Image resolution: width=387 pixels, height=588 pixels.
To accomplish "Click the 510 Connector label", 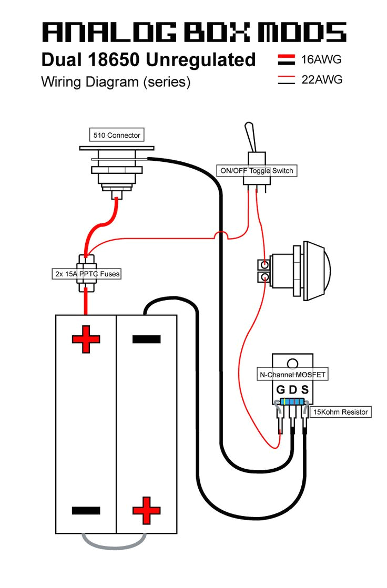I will click(117, 135).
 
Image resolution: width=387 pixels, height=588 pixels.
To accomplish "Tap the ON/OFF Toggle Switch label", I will click(256, 171).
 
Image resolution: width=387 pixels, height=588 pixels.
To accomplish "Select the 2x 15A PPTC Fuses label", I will click(87, 274).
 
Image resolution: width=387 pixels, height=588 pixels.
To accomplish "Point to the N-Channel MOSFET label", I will click(292, 375).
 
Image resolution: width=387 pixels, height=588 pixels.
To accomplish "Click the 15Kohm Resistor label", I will click(341, 412).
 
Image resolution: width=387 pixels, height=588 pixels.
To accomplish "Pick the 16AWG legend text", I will click(321, 59).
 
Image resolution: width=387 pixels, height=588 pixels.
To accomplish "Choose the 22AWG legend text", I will click(321, 80).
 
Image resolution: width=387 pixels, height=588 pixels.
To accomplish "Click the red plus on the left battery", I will click(86, 339).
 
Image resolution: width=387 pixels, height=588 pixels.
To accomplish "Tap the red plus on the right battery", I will click(146, 510).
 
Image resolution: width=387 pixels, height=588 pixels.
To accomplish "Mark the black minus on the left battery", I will click(86, 510).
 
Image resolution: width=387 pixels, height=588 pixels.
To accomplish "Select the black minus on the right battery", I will click(146, 339).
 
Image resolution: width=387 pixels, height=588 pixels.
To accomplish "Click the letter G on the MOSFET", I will click(280, 390).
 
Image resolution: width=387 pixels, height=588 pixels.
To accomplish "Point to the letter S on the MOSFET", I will click(305, 390).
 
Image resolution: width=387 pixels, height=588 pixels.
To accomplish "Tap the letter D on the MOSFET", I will click(293, 390).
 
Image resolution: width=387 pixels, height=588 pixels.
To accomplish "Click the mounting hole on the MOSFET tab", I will click(292, 363).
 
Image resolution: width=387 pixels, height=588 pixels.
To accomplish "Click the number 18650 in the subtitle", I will click(115, 60).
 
